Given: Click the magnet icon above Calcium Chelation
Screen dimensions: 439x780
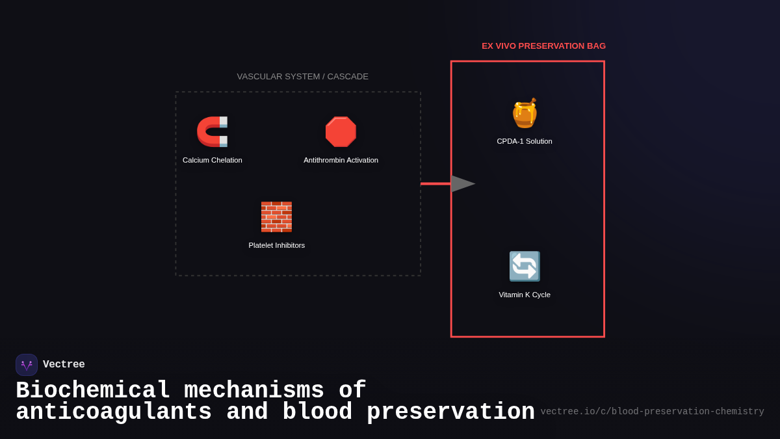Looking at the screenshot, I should click(x=212, y=132).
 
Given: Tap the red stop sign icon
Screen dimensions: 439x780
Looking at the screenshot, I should click(x=341, y=132).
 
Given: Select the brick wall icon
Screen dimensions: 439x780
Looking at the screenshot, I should click(x=276, y=217).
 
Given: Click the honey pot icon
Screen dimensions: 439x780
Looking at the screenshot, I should click(x=525, y=113).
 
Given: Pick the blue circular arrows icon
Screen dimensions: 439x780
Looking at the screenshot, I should click(x=525, y=266).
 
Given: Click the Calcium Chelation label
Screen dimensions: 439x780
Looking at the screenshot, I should click(x=213, y=160).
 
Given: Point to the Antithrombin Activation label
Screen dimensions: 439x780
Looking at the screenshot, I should click(x=341, y=160).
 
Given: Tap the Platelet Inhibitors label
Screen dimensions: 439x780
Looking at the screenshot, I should click(x=276, y=245).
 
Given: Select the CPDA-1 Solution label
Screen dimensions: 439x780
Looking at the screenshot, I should click(x=525, y=141).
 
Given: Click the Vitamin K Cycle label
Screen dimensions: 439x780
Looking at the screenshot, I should click(x=525, y=295).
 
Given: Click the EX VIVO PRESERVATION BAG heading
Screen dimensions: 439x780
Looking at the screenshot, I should click(x=543, y=46).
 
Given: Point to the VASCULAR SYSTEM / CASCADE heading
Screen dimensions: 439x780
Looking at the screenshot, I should click(x=302, y=77).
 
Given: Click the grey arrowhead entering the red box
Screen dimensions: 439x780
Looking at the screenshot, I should click(x=462, y=184).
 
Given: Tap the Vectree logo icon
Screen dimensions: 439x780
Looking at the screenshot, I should click(x=27, y=365).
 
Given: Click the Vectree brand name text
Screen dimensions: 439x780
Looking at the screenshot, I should click(x=64, y=365).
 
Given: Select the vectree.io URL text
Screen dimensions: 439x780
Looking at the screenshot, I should click(x=652, y=412).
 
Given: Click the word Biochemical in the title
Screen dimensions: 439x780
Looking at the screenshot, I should click(x=93, y=391).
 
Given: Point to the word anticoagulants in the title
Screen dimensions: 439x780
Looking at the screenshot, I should click(x=114, y=412).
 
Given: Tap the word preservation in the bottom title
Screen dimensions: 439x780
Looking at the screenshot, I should click(x=450, y=412).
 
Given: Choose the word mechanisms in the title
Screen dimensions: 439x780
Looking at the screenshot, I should click(x=254, y=391).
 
